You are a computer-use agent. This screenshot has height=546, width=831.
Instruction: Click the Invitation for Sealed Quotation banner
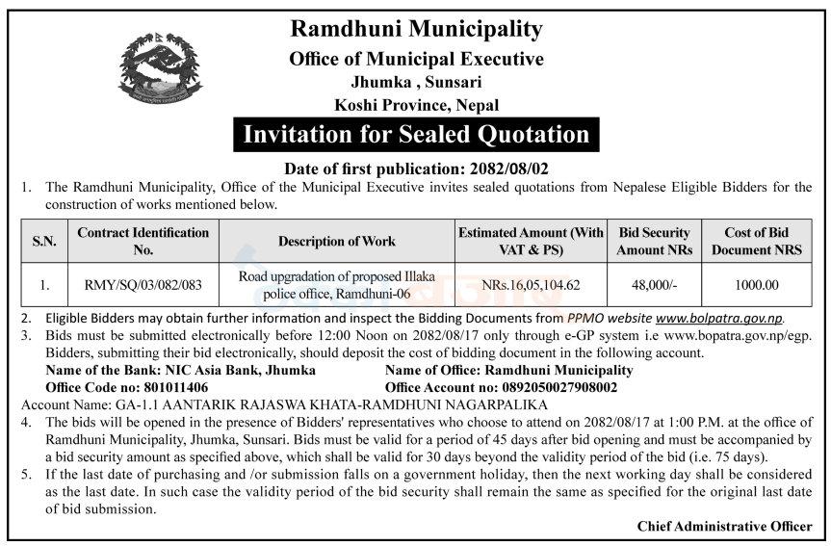click(x=416, y=134)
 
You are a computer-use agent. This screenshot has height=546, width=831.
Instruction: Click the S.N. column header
click(x=44, y=241)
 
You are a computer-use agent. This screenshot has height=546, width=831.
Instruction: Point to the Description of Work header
click(x=336, y=241)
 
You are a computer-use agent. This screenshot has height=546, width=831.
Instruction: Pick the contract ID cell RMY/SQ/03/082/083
click(x=143, y=285)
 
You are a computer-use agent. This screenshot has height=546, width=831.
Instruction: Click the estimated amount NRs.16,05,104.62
click(x=531, y=285)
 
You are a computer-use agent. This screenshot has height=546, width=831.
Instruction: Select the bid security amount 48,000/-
click(x=655, y=285)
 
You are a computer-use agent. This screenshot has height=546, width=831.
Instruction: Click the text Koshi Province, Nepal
click(x=416, y=105)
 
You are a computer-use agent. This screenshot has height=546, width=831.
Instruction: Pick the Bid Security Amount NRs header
click(x=655, y=241)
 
